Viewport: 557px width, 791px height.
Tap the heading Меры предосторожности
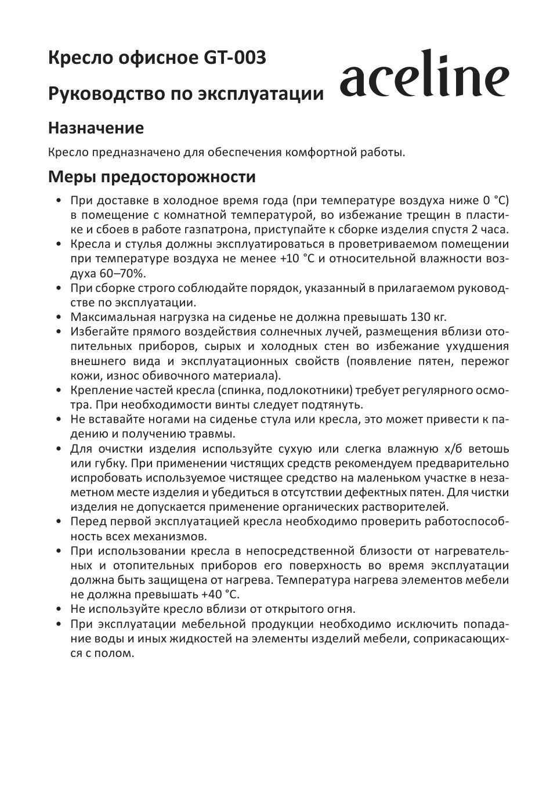(x=151, y=176)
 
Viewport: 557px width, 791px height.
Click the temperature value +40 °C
(x=220, y=595)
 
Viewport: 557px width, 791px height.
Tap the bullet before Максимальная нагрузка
(x=59, y=317)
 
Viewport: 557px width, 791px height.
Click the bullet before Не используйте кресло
(x=59, y=609)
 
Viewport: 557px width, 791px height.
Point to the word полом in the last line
(x=115, y=653)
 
